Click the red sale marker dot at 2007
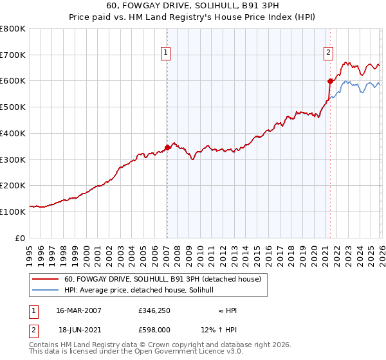tap(167, 147)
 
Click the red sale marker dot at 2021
tap(330, 81)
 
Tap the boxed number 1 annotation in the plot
tap(166, 53)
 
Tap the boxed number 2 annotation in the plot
tap(328, 53)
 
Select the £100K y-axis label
tap(13, 212)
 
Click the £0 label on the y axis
tap(21, 238)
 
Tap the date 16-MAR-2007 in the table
tap(78, 310)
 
